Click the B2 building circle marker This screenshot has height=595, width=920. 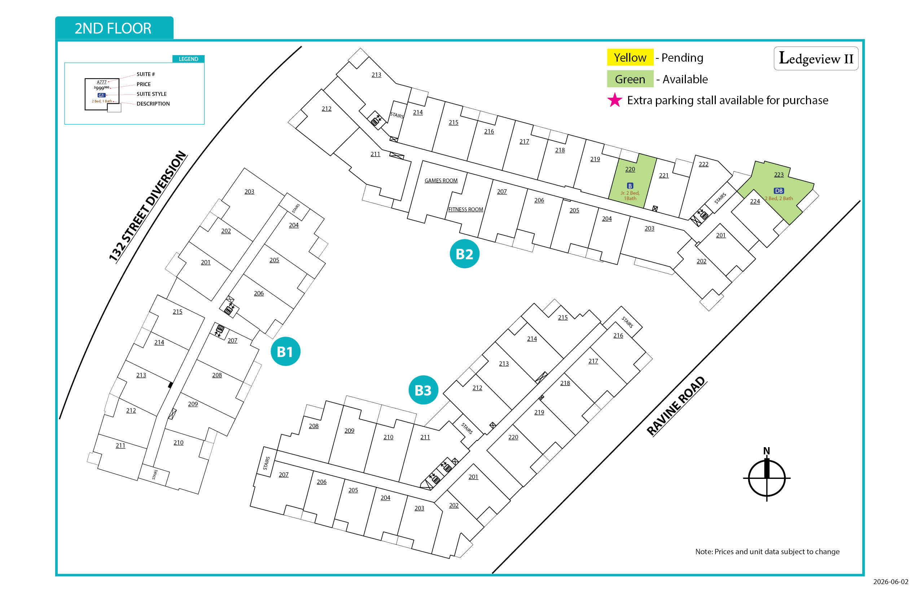point(464,254)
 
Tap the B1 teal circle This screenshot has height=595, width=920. point(285,351)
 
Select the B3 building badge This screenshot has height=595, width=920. point(423,390)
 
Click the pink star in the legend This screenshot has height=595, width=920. point(615,100)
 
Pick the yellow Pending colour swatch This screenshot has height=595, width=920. point(630,57)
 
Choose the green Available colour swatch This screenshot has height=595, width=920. point(630,79)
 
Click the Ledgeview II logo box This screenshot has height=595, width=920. point(816,58)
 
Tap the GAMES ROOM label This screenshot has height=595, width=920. point(441,180)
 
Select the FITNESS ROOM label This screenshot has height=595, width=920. point(465,210)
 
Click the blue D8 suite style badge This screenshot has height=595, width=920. point(779,191)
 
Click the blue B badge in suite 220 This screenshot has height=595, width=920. point(630,186)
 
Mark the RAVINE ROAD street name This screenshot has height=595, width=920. point(676,406)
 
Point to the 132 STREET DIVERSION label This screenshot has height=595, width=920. point(148,207)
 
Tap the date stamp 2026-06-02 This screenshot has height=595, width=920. point(891,581)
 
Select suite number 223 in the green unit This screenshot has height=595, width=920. point(779,175)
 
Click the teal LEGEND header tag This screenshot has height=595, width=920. point(188,59)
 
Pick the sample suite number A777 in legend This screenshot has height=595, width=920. point(102,82)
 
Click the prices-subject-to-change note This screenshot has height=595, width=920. point(767,551)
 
